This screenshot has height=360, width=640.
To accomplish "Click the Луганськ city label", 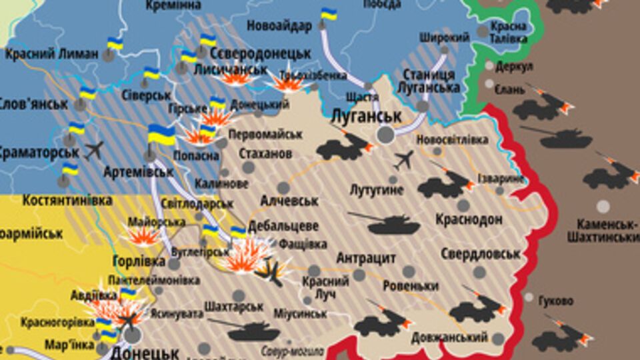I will point(366,117).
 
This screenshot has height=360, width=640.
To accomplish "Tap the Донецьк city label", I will point(145,351).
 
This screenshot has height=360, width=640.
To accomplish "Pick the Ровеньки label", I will point(411,286).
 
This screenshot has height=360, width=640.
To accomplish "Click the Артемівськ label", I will point(139,171).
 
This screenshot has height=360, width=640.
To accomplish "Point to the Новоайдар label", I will point(279,27).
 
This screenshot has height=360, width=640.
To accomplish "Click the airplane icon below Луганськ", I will point(403,160).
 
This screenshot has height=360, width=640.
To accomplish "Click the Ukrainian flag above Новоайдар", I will point(329,13).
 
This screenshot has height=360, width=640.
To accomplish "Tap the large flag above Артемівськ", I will point(160,134).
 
